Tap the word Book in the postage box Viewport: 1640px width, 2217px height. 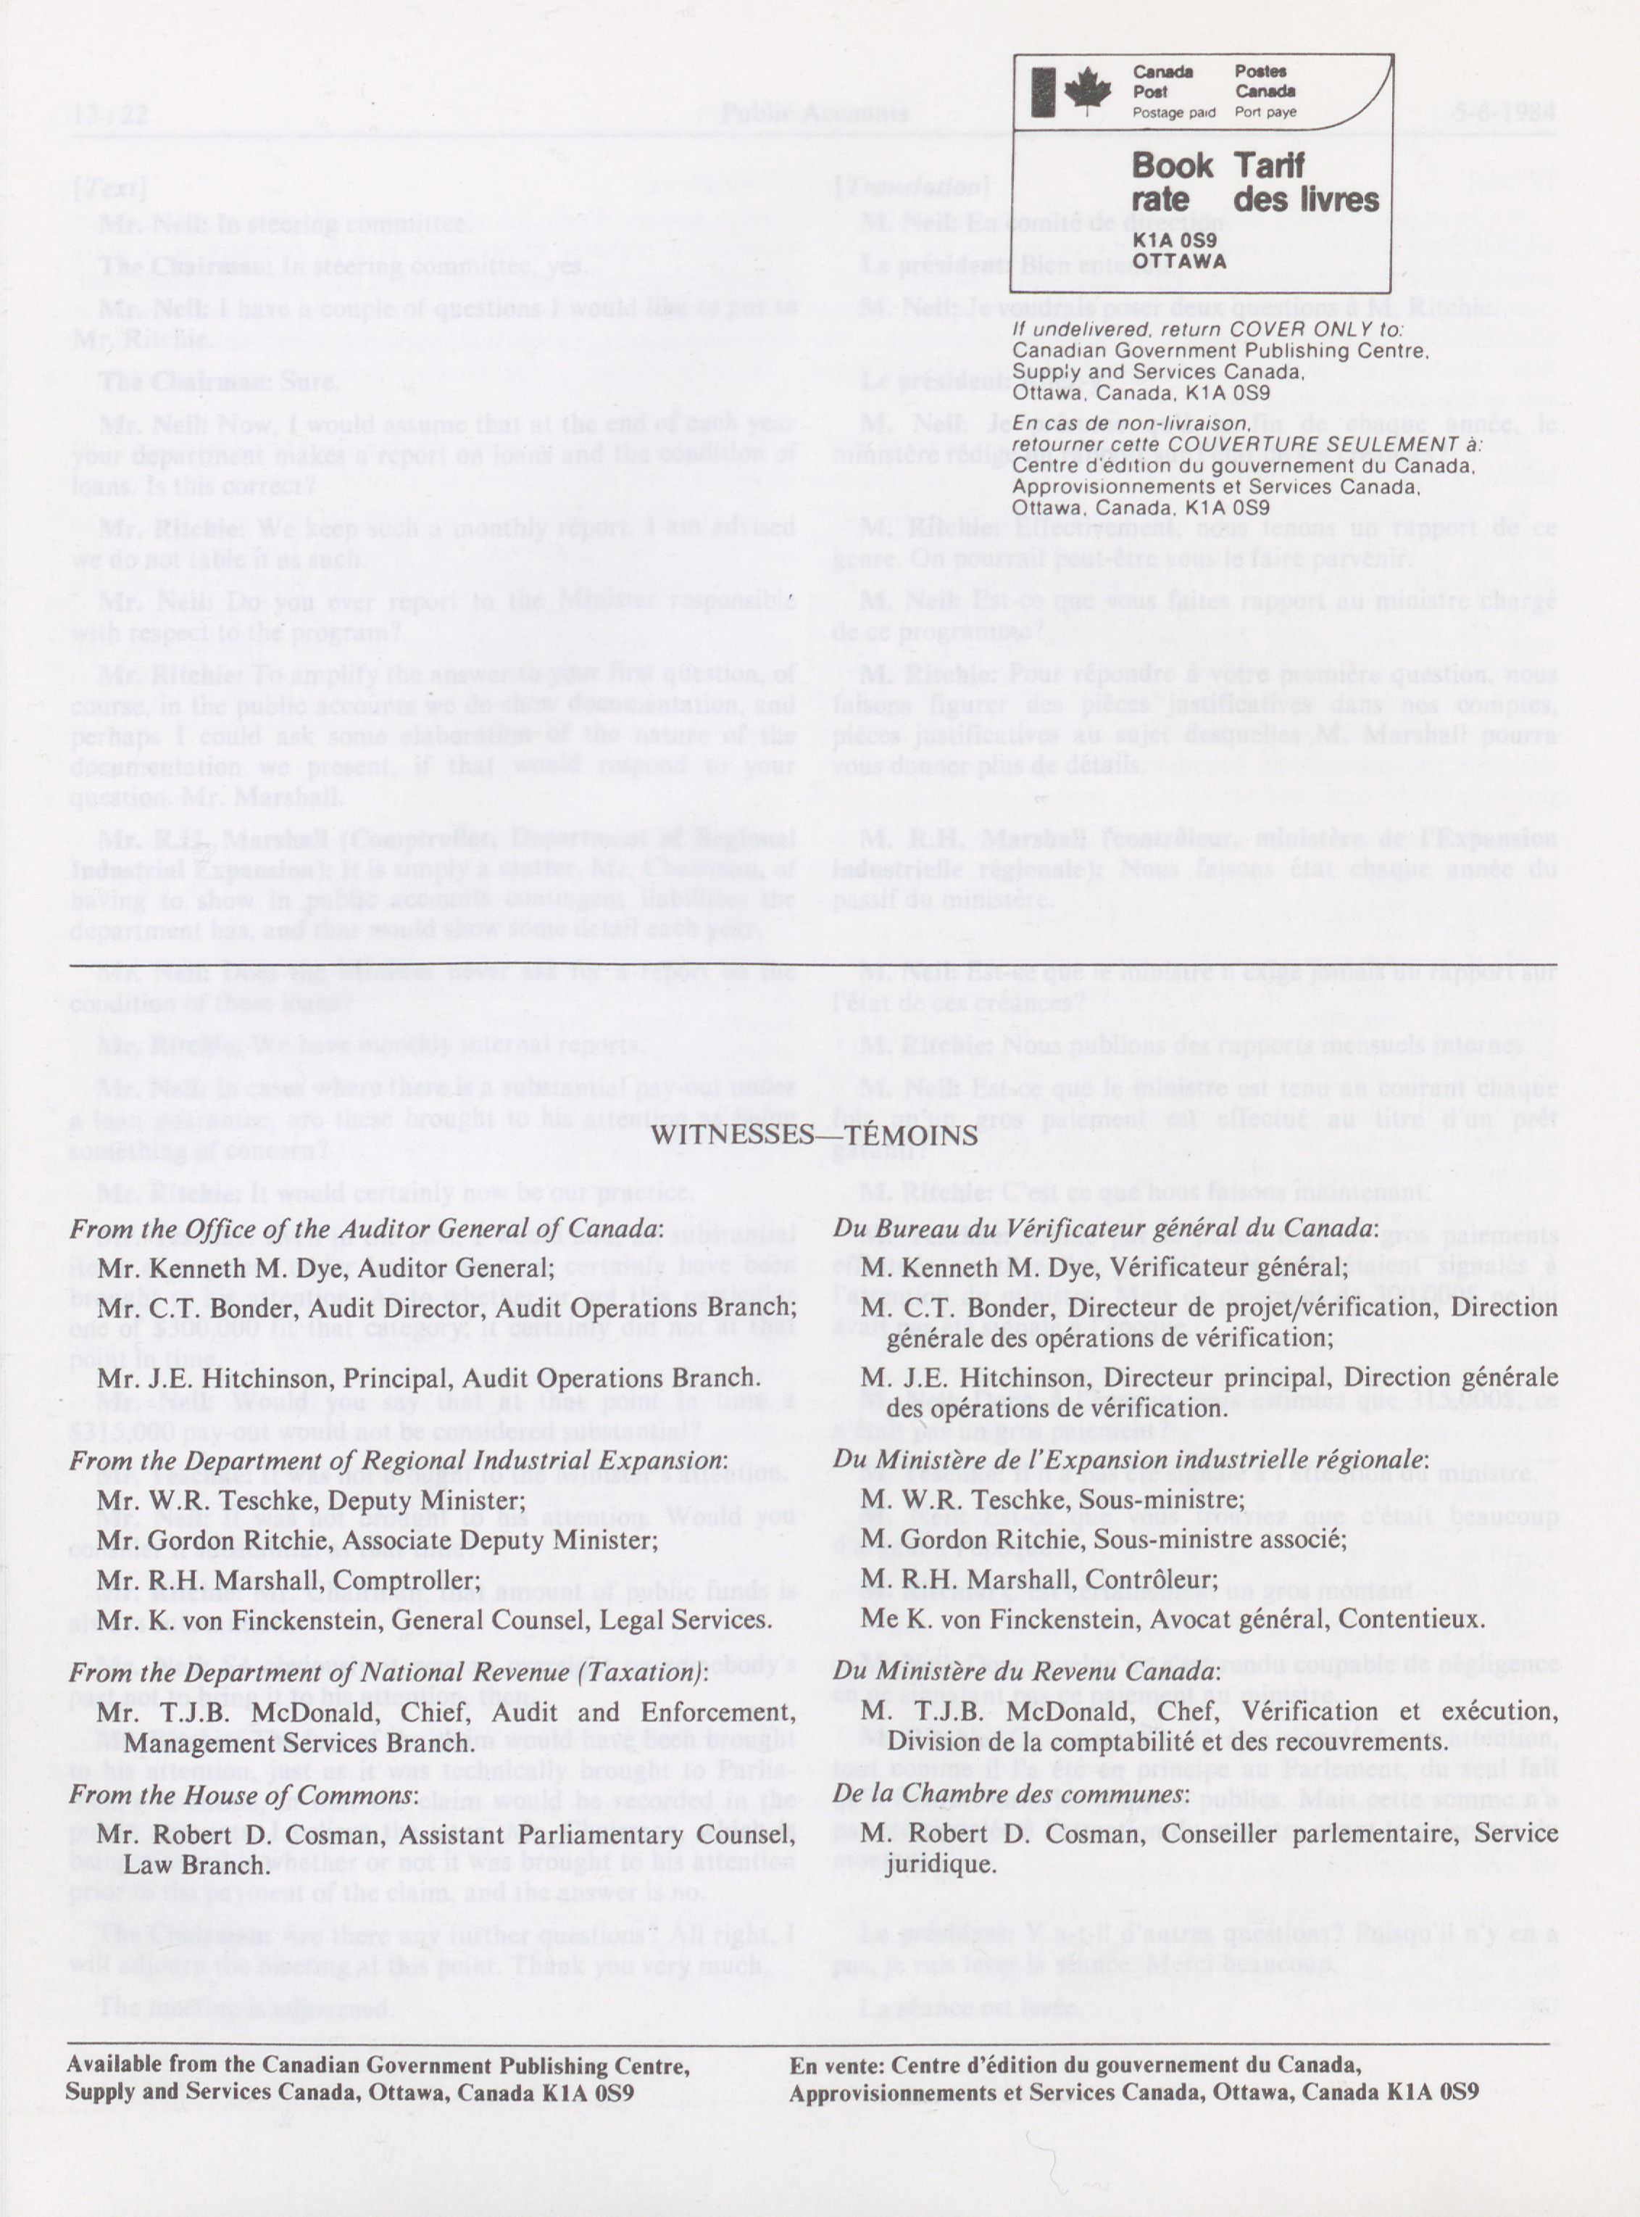pos(1171,165)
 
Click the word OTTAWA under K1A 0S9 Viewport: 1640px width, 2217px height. pos(1179,261)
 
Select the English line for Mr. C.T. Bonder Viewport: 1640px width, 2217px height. pos(446,1308)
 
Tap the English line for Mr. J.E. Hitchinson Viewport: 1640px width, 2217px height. pos(429,1378)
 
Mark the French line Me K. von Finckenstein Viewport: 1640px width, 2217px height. pos(1173,1620)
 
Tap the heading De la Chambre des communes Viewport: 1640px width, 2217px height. pos(1011,1794)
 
